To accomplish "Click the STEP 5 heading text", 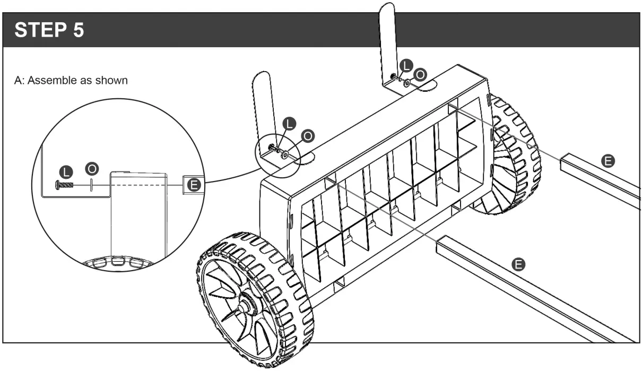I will (49, 30).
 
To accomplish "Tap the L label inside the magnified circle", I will (66, 171).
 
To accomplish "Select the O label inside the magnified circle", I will (92, 168).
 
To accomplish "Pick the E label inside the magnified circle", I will (194, 184).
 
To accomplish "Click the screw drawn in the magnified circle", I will (63, 184).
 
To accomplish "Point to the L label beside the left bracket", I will (289, 123).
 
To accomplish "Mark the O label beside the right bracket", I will (419, 75).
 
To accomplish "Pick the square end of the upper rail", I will (567, 161).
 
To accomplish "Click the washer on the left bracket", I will (286, 154).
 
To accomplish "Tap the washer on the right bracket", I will (406, 83).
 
